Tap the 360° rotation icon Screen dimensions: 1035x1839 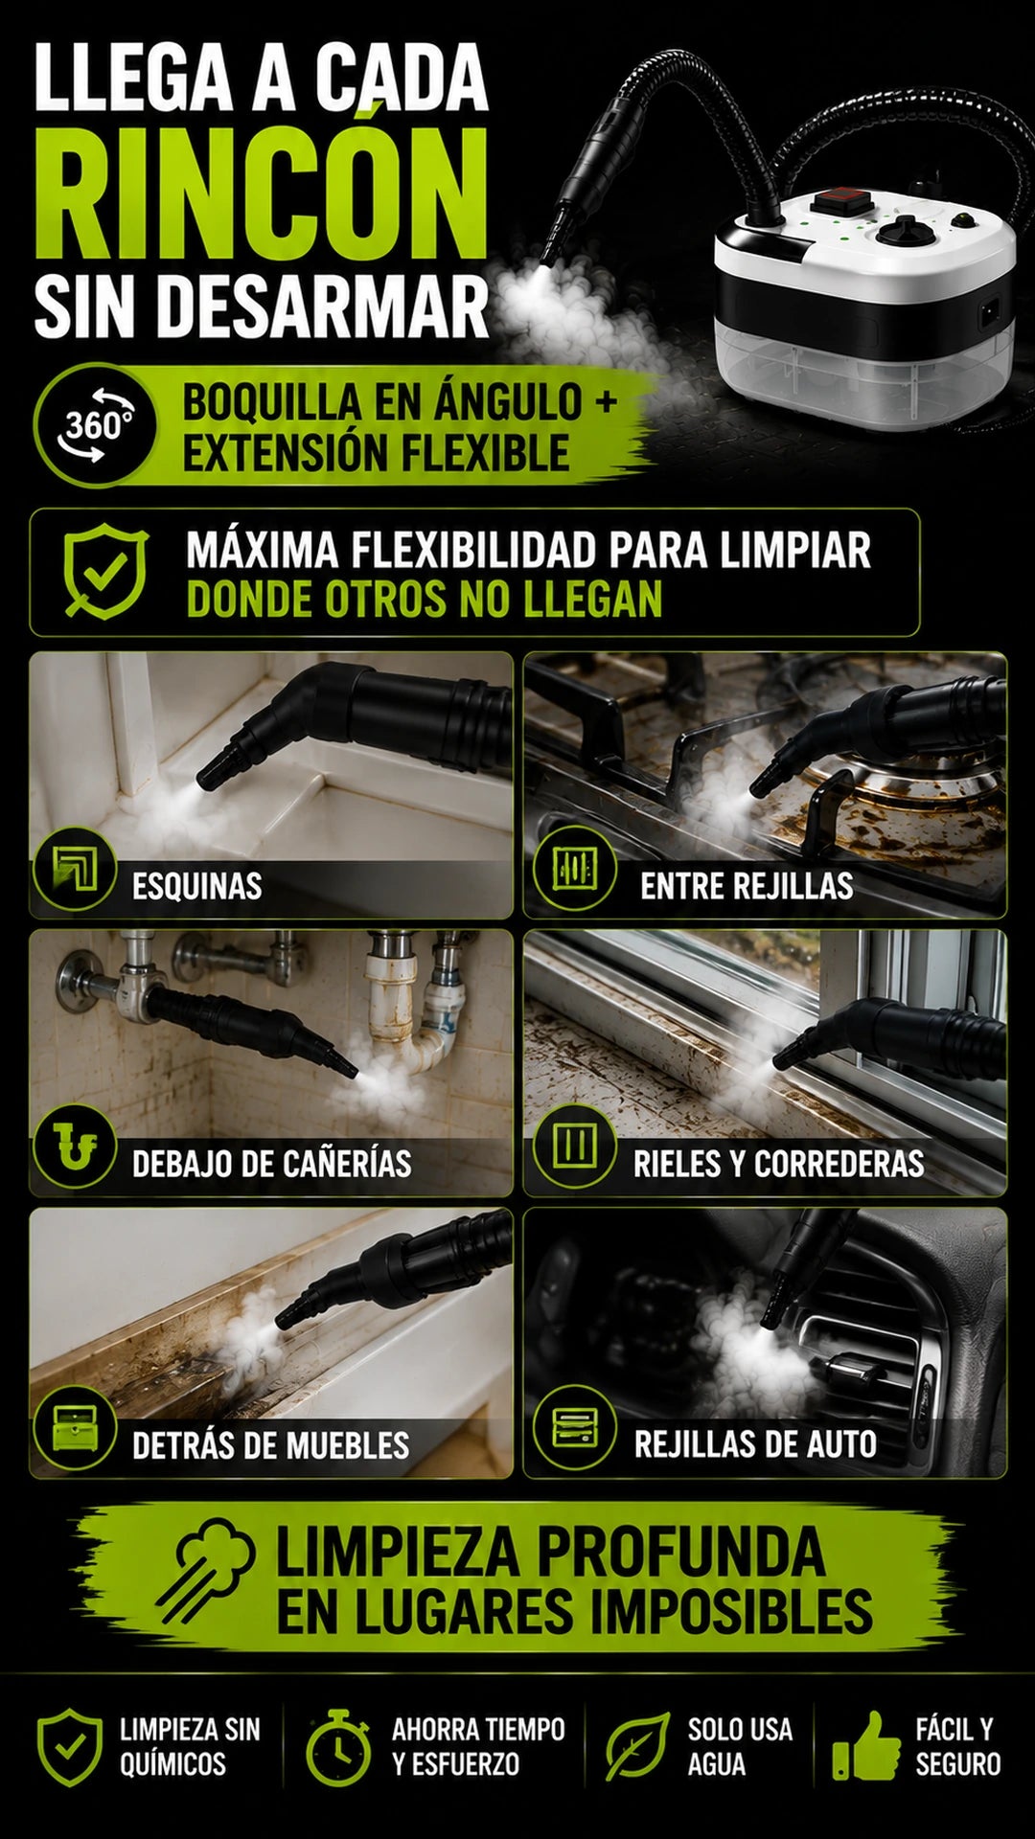point(95,424)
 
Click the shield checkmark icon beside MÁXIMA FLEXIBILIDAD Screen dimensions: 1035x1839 point(105,571)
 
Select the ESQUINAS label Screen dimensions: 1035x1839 point(196,886)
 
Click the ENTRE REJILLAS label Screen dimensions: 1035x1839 point(747,886)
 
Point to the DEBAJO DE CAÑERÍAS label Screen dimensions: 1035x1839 point(272,1164)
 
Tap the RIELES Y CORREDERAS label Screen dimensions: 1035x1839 point(778,1164)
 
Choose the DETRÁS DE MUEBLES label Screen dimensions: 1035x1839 point(270,1444)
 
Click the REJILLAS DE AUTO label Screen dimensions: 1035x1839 point(755,1443)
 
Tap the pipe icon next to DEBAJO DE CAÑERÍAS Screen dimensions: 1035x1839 point(74,1147)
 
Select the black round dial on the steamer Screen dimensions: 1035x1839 point(901,232)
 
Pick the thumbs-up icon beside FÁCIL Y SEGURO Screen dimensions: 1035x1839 point(866,1746)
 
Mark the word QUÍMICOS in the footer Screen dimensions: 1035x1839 point(172,1764)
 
